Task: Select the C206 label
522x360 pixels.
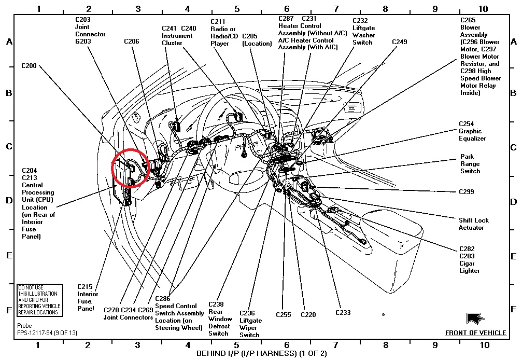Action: click(132, 41)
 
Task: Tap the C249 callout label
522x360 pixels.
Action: click(400, 41)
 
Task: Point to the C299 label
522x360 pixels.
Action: click(466, 191)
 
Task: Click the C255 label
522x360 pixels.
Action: click(284, 314)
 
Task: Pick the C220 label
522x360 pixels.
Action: click(308, 314)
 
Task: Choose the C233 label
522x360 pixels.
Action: click(343, 312)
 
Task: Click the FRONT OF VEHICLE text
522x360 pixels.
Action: click(476, 333)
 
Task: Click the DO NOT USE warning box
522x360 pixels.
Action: click(39, 300)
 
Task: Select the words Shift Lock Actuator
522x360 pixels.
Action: click(473, 224)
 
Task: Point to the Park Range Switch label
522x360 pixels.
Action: click(470, 164)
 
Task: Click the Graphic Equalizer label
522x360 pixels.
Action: click(472, 135)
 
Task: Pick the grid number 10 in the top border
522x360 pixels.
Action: click(483, 9)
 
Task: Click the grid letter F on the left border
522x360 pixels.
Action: click(9, 310)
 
